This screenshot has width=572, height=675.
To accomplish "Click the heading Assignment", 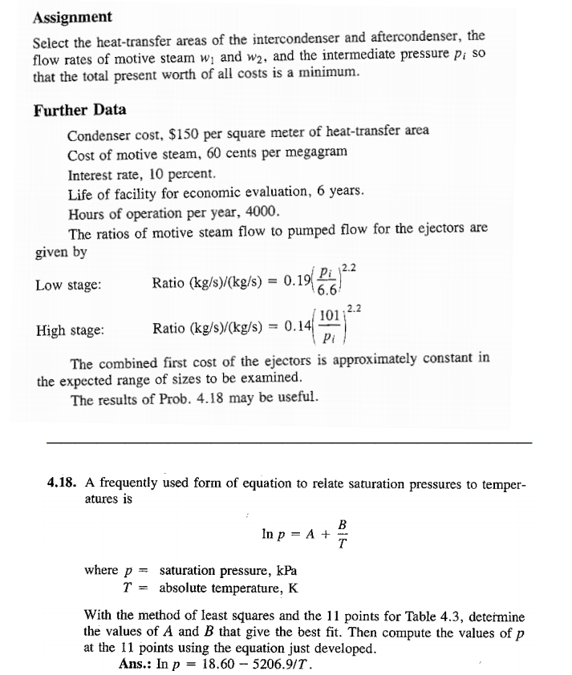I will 72,17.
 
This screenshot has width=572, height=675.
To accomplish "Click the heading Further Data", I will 79,110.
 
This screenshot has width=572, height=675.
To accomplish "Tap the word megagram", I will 318,152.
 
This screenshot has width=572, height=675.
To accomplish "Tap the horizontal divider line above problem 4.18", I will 289,443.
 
